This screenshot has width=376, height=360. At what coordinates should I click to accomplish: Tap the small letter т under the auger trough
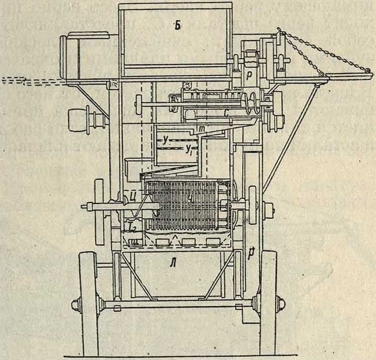point(203,127)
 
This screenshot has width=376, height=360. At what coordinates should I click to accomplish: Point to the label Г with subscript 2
point(132,227)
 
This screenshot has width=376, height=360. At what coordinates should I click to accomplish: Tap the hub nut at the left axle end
point(76,305)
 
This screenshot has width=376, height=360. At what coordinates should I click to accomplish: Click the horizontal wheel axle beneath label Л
point(173,305)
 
